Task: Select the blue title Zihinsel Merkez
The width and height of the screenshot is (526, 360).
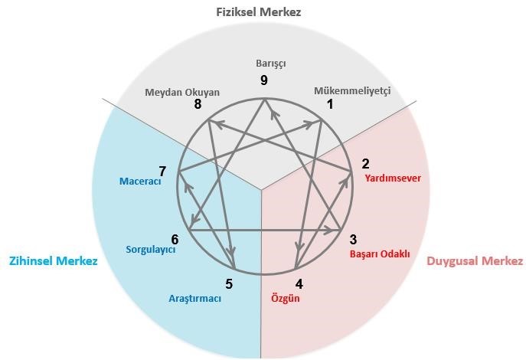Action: coord(53,261)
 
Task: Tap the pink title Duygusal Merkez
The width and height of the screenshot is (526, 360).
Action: coord(475,261)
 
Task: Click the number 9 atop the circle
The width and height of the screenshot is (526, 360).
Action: coord(263,80)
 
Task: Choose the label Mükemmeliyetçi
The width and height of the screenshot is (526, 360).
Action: coord(352,91)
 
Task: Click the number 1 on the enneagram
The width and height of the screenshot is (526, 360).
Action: coord(330,105)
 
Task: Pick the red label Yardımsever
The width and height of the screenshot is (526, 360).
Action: coord(394,178)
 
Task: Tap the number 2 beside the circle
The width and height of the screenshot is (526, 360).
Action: coord(366,164)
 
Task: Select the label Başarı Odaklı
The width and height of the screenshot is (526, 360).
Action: coord(380,254)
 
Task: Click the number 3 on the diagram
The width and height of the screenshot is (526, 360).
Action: coord(353,239)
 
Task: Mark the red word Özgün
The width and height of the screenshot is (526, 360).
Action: coord(286,299)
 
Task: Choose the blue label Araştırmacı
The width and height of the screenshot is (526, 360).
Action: coord(194,299)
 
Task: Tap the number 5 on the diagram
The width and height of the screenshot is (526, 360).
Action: coord(229,284)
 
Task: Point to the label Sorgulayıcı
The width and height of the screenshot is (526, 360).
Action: coord(151,250)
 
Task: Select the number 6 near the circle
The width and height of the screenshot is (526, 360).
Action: coord(175,239)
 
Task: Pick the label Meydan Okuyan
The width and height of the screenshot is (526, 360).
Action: coord(182,93)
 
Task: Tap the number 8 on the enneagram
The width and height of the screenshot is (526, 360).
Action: coord(198,105)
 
